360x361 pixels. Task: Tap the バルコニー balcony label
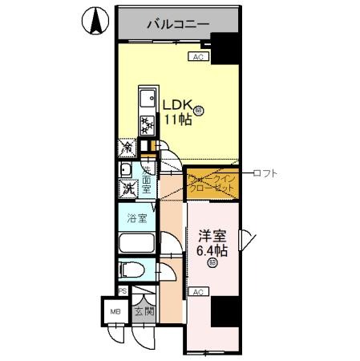(x=177, y=24)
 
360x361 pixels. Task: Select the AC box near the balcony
(x=198, y=57)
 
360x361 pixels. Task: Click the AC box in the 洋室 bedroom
(x=199, y=292)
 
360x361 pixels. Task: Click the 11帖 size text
(x=177, y=120)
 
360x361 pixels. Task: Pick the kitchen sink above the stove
(x=148, y=99)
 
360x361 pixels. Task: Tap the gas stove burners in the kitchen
(x=148, y=124)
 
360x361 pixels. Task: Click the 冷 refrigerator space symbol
(x=127, y=148)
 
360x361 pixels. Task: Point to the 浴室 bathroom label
(x=136, y=217)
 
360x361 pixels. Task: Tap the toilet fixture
(x=133, y=269)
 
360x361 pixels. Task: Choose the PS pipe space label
(x=122, y=290)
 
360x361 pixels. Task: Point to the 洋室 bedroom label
(x=212, y=237)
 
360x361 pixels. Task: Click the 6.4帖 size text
(x=212, y=250)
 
